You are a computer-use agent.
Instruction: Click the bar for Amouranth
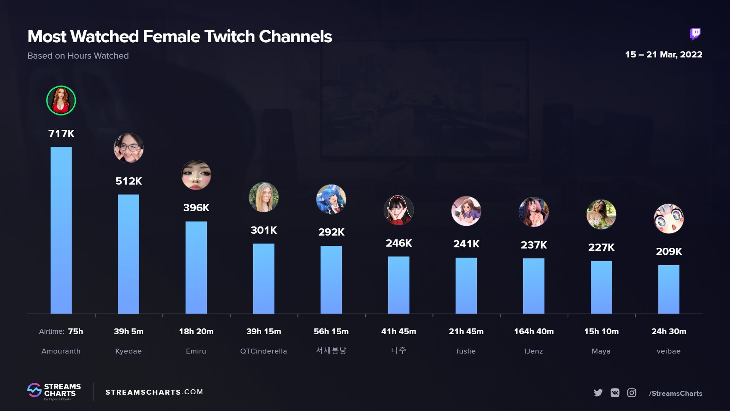pyautogui.click(x=61, y=230)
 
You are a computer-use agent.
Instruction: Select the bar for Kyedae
pyautogui.click(x=129, y=254)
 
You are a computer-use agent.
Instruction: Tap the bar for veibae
pyautogui.click(x=668, y=289)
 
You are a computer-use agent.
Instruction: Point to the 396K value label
pyautogui.click(x=196, y=208)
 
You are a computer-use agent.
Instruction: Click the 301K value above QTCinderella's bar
pyautogui.click(x=263, y=230)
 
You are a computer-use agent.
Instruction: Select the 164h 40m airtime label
pyautogui.click(x=533, y=331)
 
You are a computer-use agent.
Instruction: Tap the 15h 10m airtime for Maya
pyautogui.click(x=601, y=331)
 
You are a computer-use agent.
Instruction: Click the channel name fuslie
pyautogui.click(x=466, y=351)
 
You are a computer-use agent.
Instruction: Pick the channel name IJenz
pyautogui.click(x=533, y=351)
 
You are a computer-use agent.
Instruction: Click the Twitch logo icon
pyautogui.click(x=695, y=34)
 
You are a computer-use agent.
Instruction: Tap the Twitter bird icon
pyautogui.click(x=598, y=393)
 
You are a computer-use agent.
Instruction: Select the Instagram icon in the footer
pyautogui.click(x=632, y=393)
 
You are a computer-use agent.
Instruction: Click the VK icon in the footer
pyautogui.click(x=615, y=393)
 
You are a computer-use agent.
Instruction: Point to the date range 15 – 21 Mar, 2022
pyautogui.click(x=663, y=54)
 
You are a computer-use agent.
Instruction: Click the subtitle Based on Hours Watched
pyautogui.click(x=78, y=56)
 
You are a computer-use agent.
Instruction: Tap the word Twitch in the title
pyautogui.click(x=229, y=37)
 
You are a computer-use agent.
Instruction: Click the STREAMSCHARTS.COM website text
pyautogui.click(x=154, y=392)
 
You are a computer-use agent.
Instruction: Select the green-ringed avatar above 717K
pyautogui.click(x=61, y=100)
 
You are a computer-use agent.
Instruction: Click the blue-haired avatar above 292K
pyautogui.click(x=331, y=199)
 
